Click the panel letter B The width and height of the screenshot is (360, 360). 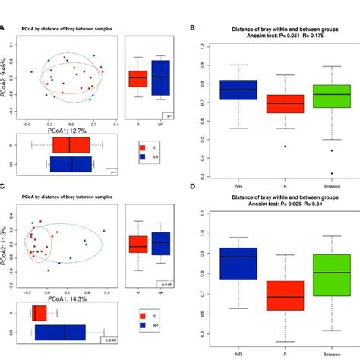point(193,28)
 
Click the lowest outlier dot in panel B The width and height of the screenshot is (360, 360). point(330,173)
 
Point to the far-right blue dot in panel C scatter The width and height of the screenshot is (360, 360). point(104,231)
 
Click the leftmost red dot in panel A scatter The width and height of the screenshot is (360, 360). point(33,71)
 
